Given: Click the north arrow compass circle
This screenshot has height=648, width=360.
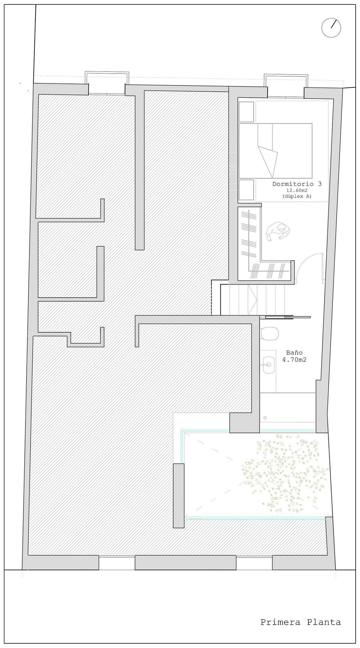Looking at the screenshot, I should click(331, 28).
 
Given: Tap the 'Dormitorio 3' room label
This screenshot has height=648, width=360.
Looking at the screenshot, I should click(297, 184).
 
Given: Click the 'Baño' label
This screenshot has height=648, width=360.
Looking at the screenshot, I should click(294, 353).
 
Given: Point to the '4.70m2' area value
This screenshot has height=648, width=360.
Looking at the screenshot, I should click(294, 360).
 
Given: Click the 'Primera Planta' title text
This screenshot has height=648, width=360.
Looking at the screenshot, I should click(300, 622).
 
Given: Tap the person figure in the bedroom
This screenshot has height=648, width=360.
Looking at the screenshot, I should click(278, 231).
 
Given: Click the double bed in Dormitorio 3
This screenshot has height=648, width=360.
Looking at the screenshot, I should click(275, 151).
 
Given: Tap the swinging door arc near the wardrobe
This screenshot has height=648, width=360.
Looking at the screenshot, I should click(309, 267).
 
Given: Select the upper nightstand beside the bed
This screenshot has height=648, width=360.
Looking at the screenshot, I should click(246, 112).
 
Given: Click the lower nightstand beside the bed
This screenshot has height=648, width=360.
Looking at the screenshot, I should click(246, 190).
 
